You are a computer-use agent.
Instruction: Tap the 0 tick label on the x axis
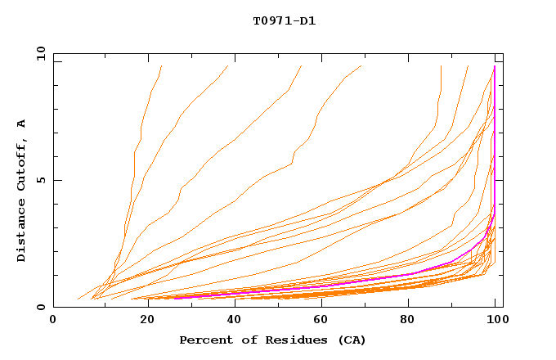(53, 320)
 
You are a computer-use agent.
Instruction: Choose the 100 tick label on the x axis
(495, 320)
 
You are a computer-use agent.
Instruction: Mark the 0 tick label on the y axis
(41, 308)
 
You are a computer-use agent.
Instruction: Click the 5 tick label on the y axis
(41, 180)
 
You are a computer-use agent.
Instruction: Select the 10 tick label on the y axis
(38, 53)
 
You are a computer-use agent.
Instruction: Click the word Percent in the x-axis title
(202, 340)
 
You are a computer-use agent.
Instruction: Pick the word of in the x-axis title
(239, 340)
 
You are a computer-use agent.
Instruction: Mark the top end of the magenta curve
(495, 66)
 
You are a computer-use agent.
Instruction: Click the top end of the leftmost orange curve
(162, 66)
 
